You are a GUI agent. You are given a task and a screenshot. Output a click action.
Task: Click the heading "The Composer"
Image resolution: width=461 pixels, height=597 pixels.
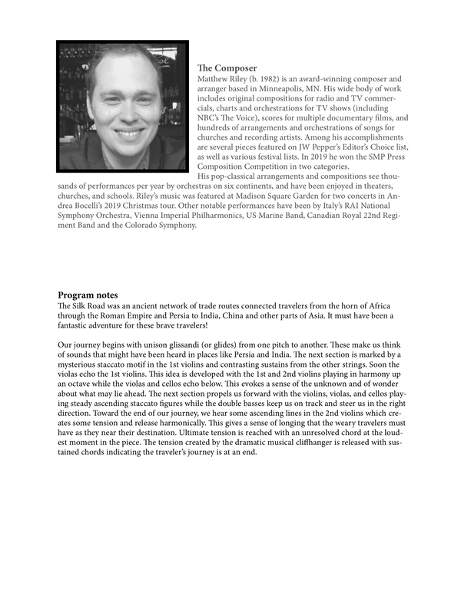(227, 68)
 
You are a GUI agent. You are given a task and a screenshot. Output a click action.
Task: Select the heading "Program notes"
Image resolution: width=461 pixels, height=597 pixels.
(88, 295)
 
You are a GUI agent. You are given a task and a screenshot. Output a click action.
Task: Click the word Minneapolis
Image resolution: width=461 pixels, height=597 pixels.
(308, 89)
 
